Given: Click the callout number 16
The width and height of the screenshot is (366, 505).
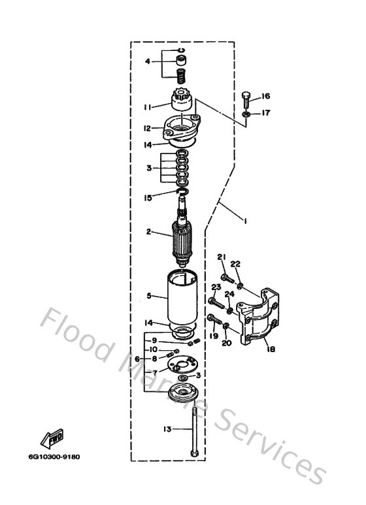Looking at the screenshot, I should tap(266, 96).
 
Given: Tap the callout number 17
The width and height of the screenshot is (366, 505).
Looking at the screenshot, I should tap(266, 113).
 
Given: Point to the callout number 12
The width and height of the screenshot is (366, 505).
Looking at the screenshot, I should tap(148, 128).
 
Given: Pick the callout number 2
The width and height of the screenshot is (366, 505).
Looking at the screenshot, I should tap(148, 232).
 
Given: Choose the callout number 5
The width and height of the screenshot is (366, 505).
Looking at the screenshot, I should tap(148, 296).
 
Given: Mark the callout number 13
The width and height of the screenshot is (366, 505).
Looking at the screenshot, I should tap(166, 429).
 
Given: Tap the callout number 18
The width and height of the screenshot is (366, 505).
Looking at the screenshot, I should tap(270, 349).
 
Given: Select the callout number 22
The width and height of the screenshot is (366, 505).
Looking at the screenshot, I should tap(235, 265).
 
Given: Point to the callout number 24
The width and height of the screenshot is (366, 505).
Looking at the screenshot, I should tap(229, 294).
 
